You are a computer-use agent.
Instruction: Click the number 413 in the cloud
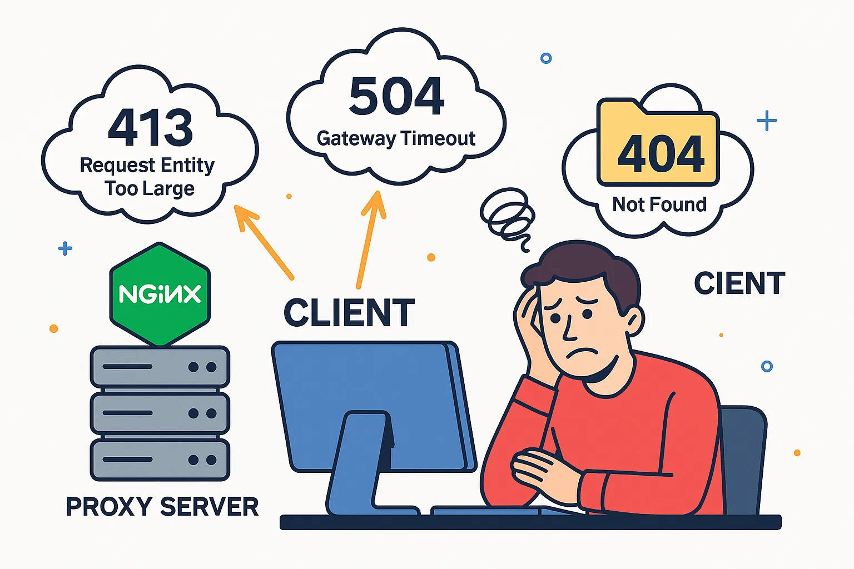point(150,127)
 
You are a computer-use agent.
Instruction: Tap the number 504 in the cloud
point(396,97)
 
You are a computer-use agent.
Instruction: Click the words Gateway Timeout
point(396,138)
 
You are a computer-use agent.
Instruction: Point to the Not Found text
point(659,204)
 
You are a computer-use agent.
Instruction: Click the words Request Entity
point(147,165)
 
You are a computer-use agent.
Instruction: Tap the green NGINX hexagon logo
point(160,294)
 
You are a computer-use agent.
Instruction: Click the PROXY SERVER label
point(162,506)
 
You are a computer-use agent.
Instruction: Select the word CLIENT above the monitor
point(349,313)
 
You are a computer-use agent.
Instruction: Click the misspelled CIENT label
point(739,283)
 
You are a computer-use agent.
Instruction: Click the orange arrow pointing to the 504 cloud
point(370,239)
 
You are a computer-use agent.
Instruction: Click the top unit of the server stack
point(160,367)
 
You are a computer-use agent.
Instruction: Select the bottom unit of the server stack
point(160,460)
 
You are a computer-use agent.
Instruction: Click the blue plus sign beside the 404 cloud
point(766,121)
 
